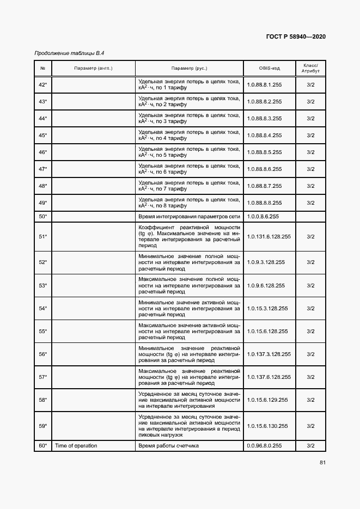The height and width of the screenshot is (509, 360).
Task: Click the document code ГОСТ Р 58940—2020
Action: point(296,37)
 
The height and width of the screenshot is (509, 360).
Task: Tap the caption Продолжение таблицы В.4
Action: point(69,53)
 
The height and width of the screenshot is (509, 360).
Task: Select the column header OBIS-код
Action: point(269,69)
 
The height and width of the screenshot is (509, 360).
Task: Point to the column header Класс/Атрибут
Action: point(310,69)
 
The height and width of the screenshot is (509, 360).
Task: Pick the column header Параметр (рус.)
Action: point(189,69)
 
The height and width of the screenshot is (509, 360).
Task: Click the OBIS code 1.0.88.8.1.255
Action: point(264,85)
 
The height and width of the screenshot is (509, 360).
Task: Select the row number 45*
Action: point(43,136)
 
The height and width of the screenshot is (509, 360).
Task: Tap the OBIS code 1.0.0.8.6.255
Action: point(263,217)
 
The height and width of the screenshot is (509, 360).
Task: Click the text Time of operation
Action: point(76,446)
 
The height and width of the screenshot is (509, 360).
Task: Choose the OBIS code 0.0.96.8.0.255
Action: point(264,446)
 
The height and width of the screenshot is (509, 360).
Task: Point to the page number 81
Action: point(322,463)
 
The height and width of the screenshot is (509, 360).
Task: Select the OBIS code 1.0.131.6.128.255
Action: point(269,237)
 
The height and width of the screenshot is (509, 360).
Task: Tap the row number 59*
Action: point(43,426)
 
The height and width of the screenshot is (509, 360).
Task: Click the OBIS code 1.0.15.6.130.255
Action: point(269,426)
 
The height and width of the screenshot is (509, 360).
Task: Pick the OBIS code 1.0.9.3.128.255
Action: point(266,262)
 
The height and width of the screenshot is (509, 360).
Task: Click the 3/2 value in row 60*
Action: point(310,446)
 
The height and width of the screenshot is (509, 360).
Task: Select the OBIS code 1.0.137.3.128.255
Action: point(269,354)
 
